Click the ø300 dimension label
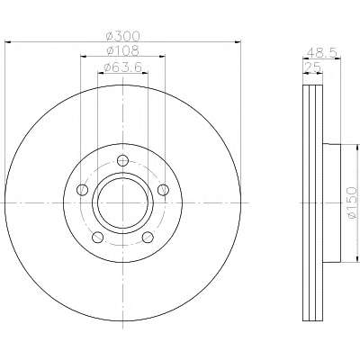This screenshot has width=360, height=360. click(123, 36)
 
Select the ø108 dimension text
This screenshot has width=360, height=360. click(123, 50)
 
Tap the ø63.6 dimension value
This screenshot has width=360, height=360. click(122, 67)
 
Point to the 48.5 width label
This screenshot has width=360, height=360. click(322, 53)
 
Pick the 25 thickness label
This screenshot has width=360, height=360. click(313, 67)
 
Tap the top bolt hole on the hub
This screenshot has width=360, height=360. click(122, 160)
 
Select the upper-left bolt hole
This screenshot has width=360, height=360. click(82, 190)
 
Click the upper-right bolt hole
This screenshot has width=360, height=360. click(163, 190)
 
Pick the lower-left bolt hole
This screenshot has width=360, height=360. click(98, 238)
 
